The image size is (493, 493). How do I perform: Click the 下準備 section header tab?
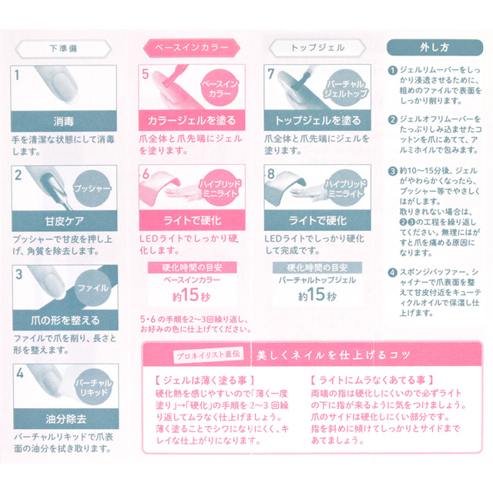tap(64, 47)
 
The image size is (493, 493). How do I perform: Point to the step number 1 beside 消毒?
tap(21, 75)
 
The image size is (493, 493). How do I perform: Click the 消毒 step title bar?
tap(64, 120)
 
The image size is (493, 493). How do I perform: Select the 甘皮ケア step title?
tap(64, 220)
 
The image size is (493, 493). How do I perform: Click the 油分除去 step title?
tap(64, 420)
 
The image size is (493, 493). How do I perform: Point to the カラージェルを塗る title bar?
tap(189, 120)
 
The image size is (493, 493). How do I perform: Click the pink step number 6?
tap(146, 175)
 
